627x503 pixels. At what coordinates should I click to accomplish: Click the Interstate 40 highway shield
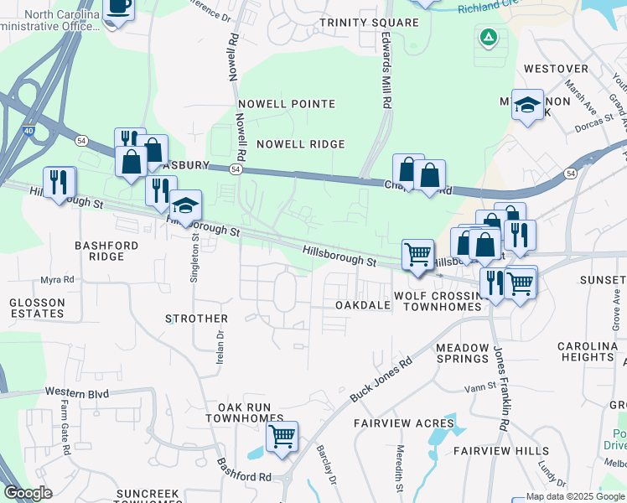point(29,132)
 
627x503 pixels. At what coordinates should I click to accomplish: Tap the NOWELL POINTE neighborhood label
point(286,104)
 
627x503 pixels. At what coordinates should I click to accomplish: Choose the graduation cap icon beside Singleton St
point(185,206)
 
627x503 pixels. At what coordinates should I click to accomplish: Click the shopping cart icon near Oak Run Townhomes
point(282,436)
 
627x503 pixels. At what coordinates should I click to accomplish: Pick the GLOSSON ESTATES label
point(36,308)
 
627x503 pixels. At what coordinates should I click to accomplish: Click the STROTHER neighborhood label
point(197,319)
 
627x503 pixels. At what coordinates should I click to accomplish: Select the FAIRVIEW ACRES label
point(403,423)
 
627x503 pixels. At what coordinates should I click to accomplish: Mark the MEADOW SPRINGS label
point(462,353)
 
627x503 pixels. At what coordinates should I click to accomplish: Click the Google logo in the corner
point(28,493)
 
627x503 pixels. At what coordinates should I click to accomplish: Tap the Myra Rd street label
point(57,279)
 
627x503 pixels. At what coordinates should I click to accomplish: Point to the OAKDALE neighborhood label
point(363,306)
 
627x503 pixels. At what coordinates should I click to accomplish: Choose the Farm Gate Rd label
point(65,427)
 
